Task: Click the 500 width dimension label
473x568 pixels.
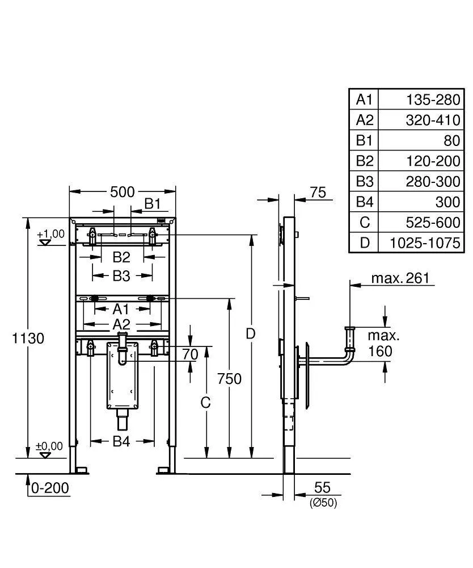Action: point(123,192)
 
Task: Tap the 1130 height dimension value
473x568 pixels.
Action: point(28,338)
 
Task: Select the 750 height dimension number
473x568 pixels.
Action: point(229,378)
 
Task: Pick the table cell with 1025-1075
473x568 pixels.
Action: point(424,243)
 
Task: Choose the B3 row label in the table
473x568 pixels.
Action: point(364,181)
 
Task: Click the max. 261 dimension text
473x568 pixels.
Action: point(400,278)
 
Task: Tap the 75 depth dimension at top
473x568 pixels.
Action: point(318,193)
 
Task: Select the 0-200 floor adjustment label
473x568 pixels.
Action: point(50,487)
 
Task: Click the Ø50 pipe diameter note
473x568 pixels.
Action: point(323,503)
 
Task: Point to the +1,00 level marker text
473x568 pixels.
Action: point(50,234)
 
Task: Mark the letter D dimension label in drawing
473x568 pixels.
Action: point(251,334)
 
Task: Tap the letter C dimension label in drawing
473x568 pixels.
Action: point(205,402)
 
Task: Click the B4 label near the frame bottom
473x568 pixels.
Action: point(121,441)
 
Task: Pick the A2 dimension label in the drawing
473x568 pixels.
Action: point(121,324)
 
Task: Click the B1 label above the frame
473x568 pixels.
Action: point(152,203)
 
